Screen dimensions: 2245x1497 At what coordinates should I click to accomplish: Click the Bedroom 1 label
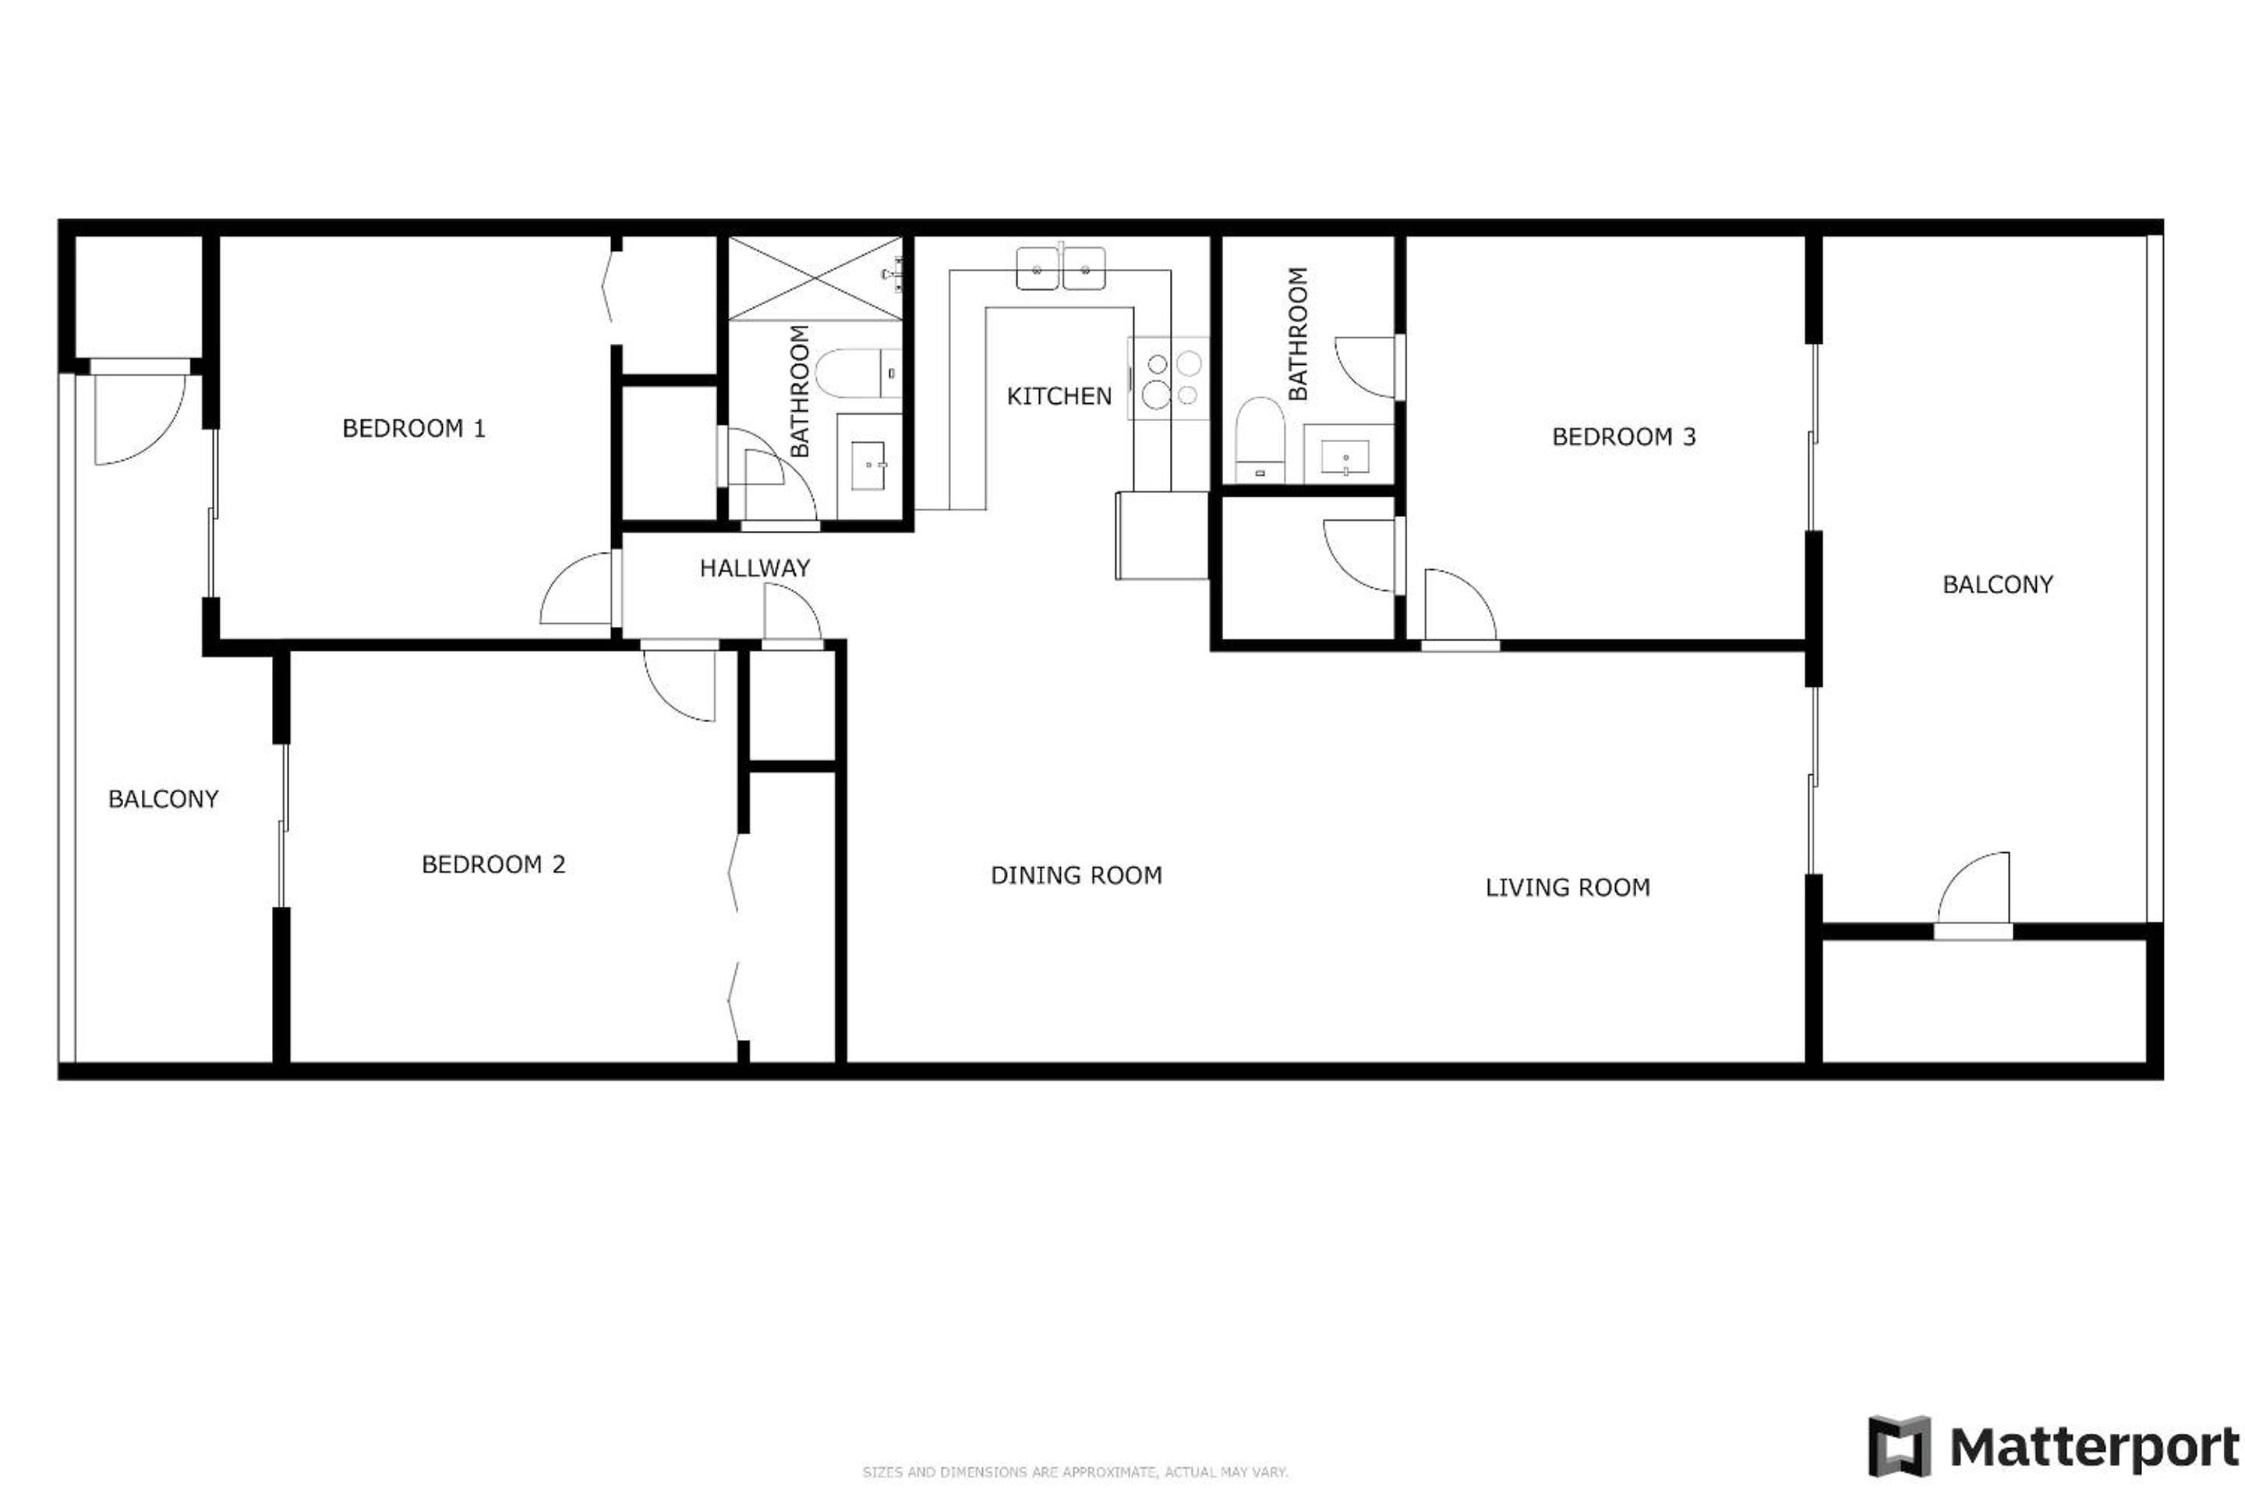(x=413, y=429)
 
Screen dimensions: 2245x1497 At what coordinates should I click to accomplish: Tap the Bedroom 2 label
(x=493, y=865)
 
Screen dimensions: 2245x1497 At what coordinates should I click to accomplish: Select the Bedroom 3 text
(x=1624, y=437)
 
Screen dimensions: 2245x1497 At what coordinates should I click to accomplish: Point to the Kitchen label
(x=1059, y=396)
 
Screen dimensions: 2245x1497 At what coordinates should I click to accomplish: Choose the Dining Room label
(x=1076, y=876)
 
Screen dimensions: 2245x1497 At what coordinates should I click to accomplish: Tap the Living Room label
(x=1568, y=888)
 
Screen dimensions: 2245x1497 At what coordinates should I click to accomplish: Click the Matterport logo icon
(x=1899, y=1446)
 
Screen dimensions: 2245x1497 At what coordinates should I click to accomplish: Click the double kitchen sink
(x=1060, y=267)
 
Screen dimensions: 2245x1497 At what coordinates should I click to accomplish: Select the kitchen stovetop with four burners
(x=1168, y=379)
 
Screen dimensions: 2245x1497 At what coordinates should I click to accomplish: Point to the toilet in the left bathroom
(x=858, y=373)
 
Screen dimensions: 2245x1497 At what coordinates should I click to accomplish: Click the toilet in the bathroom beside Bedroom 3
(x=1260, y=440)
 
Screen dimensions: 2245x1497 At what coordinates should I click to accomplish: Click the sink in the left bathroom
(x=868, y=466)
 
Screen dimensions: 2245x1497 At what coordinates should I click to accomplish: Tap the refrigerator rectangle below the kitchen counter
(x=1162, y=536)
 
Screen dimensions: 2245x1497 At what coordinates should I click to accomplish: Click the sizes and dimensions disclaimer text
(x=1075, y=1472)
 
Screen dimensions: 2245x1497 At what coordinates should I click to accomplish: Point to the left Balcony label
(x=163, y=800)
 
